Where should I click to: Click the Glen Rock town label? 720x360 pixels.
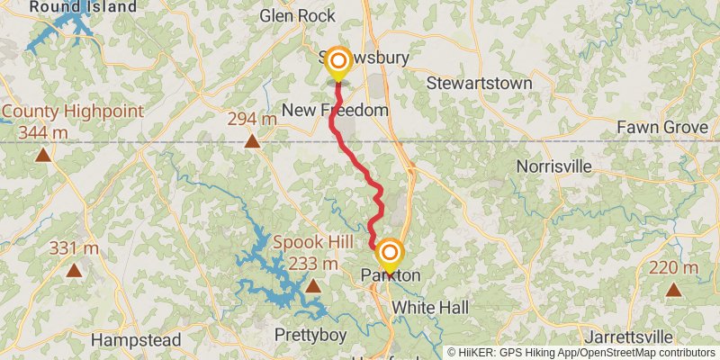(297, 15)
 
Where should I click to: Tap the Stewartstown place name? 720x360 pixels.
(479, 84)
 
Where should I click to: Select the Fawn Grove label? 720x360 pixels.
(662, 128)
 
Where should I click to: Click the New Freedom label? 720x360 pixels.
(335, 110)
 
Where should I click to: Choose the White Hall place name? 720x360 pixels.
(430, 308)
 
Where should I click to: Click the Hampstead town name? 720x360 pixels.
(137, 341)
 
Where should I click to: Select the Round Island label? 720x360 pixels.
(83, 7)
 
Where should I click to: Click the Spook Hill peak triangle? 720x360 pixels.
(312, 286)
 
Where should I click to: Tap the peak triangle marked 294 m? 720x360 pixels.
(252, 140)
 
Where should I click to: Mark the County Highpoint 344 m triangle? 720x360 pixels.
(43, 154)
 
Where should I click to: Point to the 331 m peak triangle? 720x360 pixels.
(74, 269)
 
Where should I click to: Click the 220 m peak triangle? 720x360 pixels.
(673, 289)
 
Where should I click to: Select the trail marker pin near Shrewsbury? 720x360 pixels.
(337, 63)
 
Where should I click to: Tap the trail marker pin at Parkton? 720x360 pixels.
(390, 256)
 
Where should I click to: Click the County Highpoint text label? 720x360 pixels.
(72, 112)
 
